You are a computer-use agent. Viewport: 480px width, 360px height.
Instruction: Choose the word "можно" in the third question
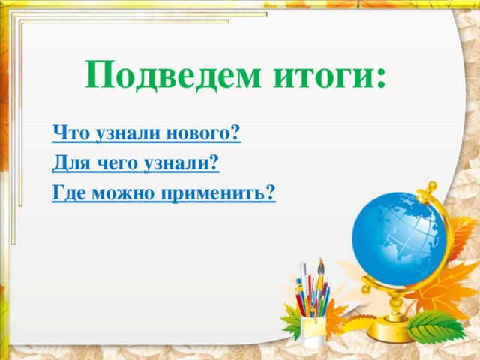click(x=119, y=194)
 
